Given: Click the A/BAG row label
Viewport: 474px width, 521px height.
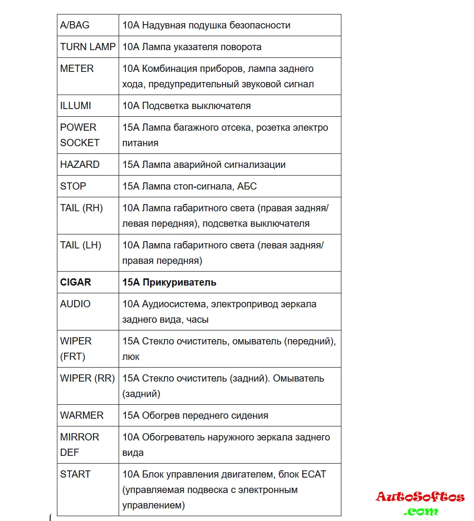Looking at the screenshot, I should pos(75,25).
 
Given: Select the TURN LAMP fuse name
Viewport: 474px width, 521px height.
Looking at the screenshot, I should pos(88,47).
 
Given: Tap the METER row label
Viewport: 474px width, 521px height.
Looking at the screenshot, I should pos(77,69).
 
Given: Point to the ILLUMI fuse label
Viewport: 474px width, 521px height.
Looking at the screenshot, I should pos(76,106).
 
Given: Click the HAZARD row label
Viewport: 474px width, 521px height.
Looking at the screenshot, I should pos(80,165).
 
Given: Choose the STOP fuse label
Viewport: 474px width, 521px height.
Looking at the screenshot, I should pos(73,186).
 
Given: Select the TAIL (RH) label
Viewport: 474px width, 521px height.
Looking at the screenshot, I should pos(81,208).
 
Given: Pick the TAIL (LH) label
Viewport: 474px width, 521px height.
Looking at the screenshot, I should pos(81,245).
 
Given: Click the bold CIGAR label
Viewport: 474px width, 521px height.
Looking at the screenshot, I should pos(76,282).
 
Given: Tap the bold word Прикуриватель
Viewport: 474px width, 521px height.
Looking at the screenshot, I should pos(179,282).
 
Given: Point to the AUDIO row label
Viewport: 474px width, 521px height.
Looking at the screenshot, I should pos(75,304).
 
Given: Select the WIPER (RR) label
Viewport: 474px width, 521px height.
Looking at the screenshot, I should pos(87,378).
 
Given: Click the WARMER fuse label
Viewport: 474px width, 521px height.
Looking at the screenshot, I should pos(82,415).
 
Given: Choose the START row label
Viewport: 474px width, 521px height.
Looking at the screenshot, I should pos(75,474).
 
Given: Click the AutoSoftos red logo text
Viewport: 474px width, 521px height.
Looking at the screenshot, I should pos(420,497).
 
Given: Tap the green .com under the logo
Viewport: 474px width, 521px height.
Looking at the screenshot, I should pos(421,511).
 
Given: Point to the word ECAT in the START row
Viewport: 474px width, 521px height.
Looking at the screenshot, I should pos(313,474).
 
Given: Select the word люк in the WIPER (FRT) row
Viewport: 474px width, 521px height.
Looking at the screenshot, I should pos(131,356).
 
